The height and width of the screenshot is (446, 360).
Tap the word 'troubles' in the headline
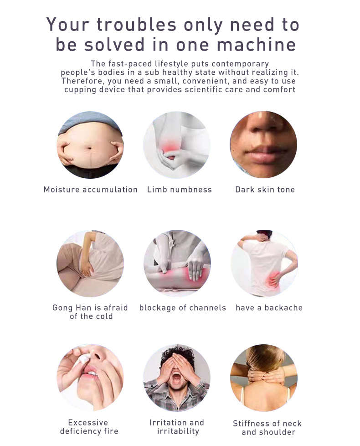click(136, 25)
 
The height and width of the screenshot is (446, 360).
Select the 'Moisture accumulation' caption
click(91, 189)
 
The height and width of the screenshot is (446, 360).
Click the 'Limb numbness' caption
click(179, 189)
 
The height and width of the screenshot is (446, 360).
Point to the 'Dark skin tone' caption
click(265, 189)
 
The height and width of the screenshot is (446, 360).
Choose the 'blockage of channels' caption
click(183, 308)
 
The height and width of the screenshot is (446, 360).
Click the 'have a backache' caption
click(269, 308)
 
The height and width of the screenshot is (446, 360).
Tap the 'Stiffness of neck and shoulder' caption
click(267, 428)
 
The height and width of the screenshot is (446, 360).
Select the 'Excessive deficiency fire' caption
click(89, 427)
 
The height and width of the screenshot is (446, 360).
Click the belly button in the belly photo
click(89, 148)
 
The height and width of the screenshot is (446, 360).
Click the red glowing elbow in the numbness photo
click(170, 148)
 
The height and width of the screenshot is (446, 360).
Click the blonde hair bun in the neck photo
click(264, 357)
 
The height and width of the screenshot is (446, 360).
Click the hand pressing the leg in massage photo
click(196, 267)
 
